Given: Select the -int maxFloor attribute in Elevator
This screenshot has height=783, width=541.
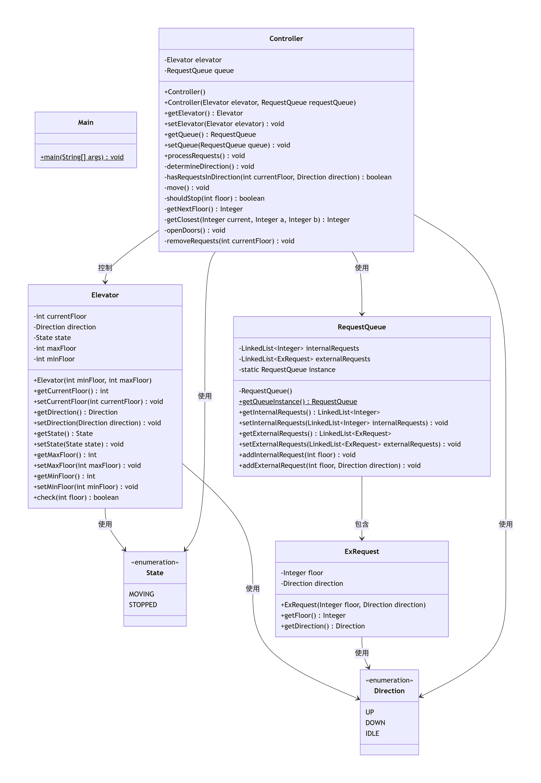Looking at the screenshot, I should pos(55,348).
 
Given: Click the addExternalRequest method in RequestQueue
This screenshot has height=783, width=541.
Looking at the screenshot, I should pos(329,466).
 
